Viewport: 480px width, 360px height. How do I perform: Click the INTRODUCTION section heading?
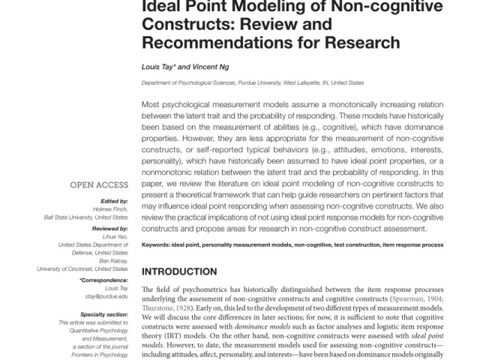tap(179, 271)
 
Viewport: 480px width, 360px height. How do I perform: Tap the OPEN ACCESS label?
tap(99, 184)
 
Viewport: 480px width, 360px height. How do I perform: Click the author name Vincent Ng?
tap(211, 66)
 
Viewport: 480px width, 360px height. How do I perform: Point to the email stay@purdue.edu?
tap(109, 296)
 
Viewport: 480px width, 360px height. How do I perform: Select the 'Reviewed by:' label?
tap(109, 228)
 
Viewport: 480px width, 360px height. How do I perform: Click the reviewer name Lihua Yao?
tap(114, 236)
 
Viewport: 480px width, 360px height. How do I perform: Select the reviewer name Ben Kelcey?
tap(112, 260)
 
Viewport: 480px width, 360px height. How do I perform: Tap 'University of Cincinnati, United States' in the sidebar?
tap(82, 268)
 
